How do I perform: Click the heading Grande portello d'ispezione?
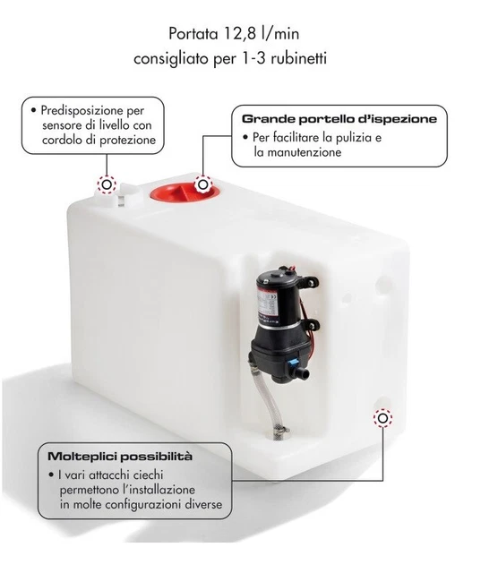click(x=339, y=117)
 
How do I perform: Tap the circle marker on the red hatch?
click(x=203, y=184)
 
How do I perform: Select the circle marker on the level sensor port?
click(x=106, y=185)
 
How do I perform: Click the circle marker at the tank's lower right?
click(x=382, y=417)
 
